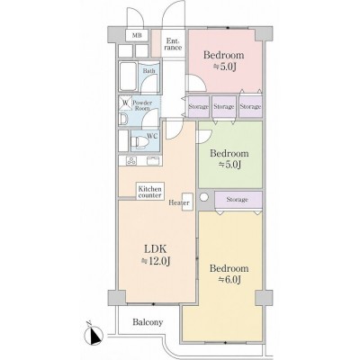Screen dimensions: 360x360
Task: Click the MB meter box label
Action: point(137,35)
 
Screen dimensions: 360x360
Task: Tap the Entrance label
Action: point(174,44)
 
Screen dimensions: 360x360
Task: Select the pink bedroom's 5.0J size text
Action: point(225,67)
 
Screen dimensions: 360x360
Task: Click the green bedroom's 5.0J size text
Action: point(230,165)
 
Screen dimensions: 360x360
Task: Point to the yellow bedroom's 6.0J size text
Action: point(229,280)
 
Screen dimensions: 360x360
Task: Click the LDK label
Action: point(156,248)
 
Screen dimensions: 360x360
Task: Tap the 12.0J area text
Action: point(157,261)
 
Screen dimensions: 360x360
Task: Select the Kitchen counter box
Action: point(150,192)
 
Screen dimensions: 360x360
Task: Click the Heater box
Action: point(187,202)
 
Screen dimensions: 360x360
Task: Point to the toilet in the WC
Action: point(138,142)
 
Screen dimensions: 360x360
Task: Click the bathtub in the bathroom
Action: point(128,76)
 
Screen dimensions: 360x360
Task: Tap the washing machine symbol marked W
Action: point(126,103)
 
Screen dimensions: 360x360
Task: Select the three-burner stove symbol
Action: point(131,160)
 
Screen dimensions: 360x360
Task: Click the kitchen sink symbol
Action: point(154,160)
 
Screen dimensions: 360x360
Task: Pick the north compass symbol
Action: point(94,335)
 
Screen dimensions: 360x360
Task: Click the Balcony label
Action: point(148,322)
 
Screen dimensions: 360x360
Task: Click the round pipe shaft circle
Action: point(204,197)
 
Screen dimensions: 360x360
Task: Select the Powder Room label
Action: point(142,105)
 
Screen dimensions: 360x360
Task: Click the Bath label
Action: point(149,71)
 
